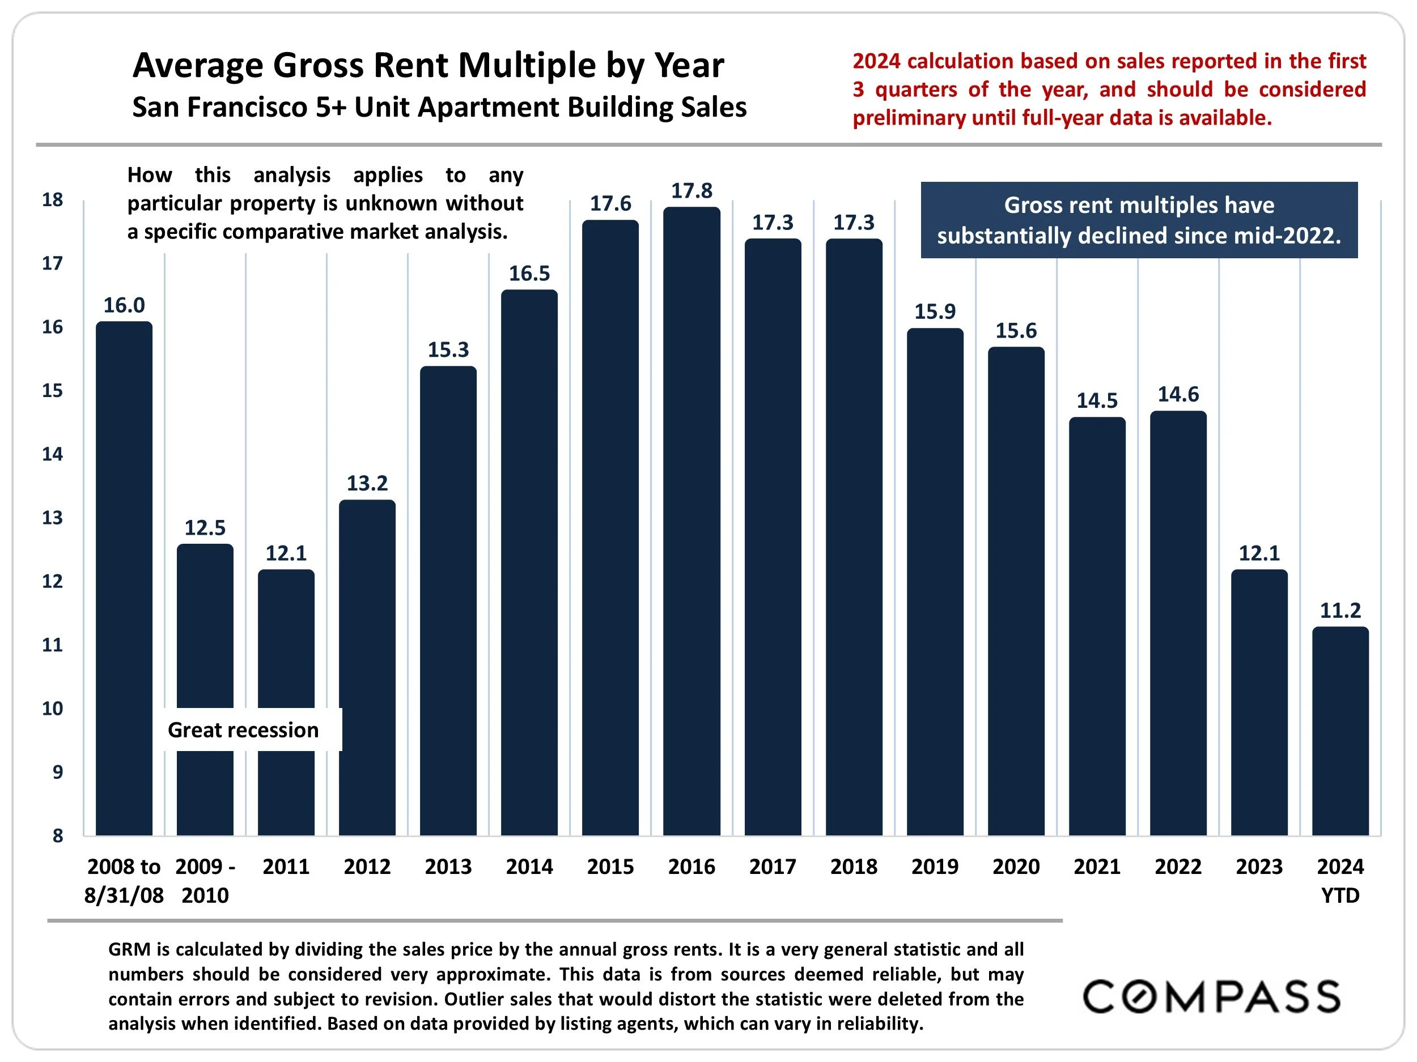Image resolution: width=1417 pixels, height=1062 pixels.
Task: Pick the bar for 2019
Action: point(935,582)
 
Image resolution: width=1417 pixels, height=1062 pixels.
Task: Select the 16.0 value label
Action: point(124,305)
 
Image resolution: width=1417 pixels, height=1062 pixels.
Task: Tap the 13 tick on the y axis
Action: point(53,518)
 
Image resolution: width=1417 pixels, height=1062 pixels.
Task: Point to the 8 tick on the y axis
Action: point(58,835)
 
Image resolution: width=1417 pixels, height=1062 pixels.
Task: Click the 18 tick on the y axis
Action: point(53,200)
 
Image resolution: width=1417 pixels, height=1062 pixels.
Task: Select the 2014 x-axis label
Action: point(529,867)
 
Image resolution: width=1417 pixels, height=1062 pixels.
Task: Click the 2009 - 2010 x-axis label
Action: point(205,880)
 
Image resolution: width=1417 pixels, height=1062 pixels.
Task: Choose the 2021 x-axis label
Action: point(1097,867)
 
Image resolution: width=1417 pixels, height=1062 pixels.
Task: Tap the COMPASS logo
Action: point(1211,997)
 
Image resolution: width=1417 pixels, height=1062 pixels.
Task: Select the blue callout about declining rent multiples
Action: point(1139,220)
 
